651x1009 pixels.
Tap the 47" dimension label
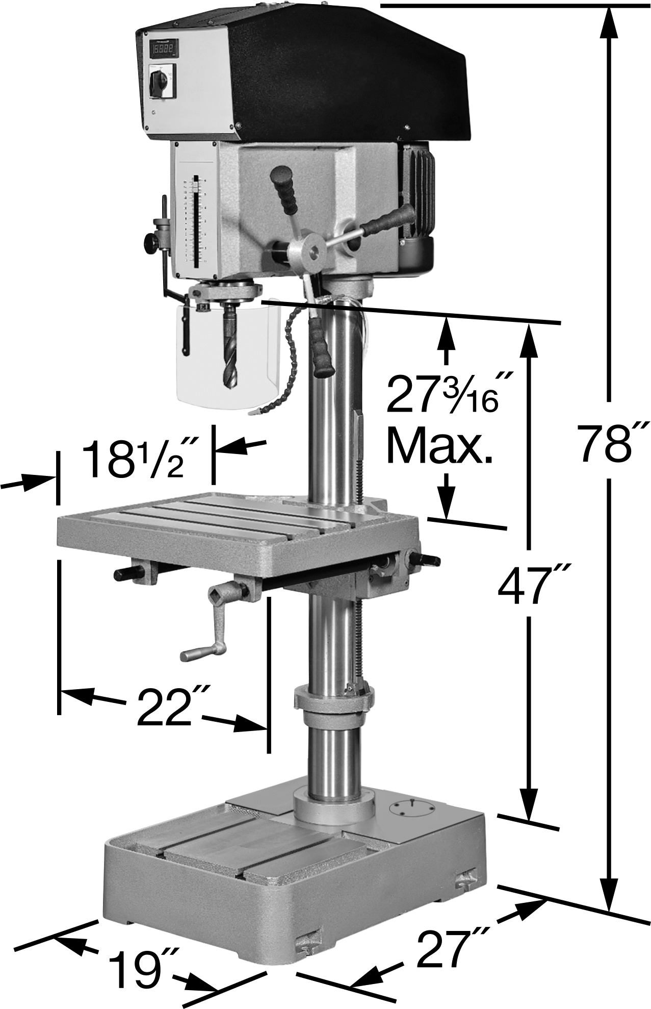(534, 586)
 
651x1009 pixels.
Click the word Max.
(439, 446)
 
